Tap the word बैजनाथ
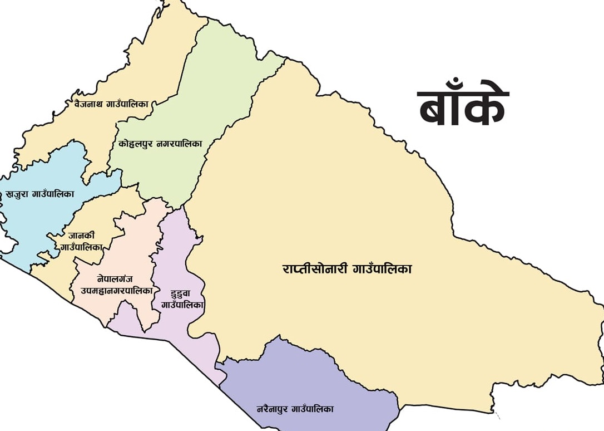coord(87,104)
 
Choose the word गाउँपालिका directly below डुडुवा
coord(182,305)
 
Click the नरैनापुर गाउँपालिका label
coord(295,409)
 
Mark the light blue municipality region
coord(39,223)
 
